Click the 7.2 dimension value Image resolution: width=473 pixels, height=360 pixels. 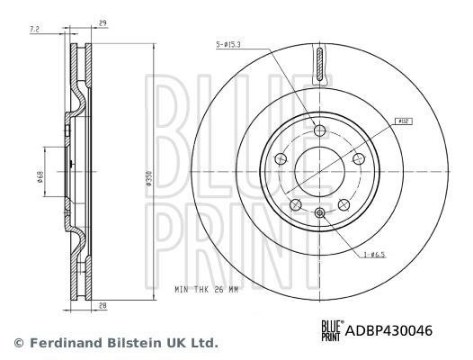(34, 30)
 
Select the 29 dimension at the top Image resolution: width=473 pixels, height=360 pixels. (104, 22)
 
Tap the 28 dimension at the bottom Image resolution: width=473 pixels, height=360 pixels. (103, 307)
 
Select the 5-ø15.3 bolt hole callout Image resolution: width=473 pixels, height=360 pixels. (232, 43)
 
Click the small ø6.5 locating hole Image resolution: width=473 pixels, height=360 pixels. (319, 213)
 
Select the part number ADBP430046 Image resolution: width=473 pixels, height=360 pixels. (391, 331)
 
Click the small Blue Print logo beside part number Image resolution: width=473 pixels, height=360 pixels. (331, 331)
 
